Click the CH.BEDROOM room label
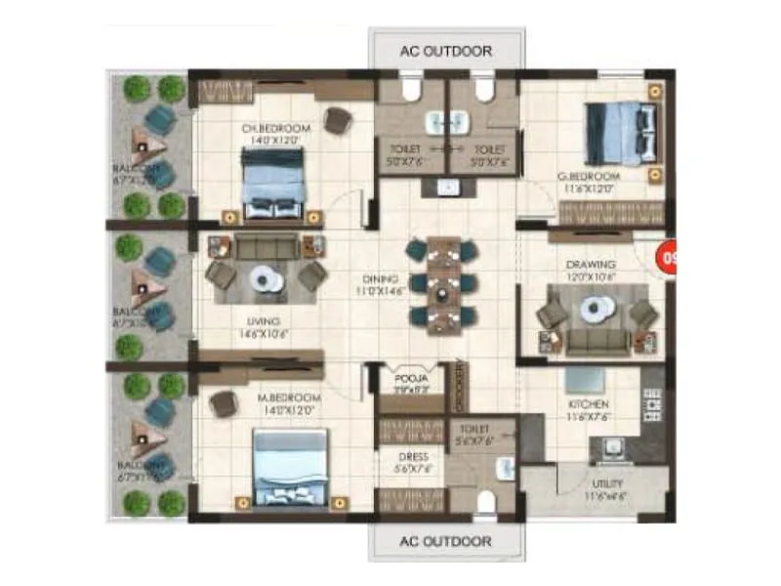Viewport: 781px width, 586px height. tap(276, 128)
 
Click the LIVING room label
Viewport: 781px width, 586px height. tap(264, 321)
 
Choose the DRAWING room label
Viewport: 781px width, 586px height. tap(590, 265)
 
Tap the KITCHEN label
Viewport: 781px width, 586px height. tap(589, 404)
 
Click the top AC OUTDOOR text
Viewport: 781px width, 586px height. tap(446, 51)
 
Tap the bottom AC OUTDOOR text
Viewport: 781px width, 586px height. tap(446, 540)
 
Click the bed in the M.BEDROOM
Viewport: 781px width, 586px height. tap(290, 467)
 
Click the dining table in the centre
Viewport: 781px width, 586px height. tap(443, 281)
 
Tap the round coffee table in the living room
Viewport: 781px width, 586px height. tap(264, 279)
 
